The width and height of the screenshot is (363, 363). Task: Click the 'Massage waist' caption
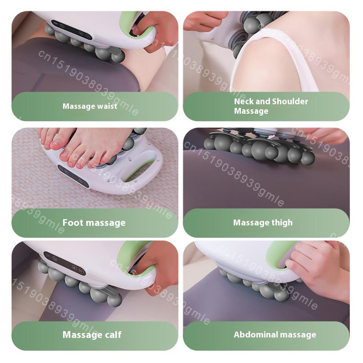point(90,106)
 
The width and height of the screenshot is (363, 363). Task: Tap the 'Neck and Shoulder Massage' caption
point(270,106)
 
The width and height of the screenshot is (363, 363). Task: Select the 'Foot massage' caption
point(94,223)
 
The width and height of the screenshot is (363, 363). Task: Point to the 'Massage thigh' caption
point(262,223)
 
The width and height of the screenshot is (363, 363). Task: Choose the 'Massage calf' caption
point(92,334)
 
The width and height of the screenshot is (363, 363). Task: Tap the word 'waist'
point(107,106)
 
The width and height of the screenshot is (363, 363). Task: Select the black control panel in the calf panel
point(65,263)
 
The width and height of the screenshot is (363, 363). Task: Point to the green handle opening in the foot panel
point(139,171)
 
